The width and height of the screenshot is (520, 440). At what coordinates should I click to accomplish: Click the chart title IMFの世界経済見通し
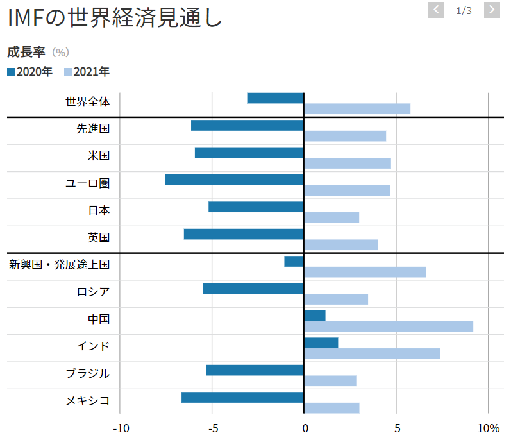coord(115,18)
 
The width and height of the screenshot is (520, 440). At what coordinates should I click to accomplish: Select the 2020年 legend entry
coord(30,72)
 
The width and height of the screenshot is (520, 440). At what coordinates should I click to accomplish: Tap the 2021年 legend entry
coord(87,72)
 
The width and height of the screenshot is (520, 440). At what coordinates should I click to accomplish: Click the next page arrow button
coord(492,10)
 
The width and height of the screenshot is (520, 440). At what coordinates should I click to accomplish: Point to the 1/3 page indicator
coord(464,10)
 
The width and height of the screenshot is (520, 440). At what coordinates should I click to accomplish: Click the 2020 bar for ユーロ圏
coord(234,180)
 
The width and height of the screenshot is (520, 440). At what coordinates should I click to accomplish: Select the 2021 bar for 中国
coord(389,326)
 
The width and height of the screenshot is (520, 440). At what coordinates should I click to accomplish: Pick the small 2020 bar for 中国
coord(315,316)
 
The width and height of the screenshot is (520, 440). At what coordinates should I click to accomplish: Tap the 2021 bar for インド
coord(372,353)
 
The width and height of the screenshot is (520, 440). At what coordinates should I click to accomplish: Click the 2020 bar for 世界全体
coord(276,98)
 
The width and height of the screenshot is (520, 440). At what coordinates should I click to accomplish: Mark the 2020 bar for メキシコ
coord(242,398)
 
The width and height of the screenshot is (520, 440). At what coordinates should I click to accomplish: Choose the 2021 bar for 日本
coord(331,217)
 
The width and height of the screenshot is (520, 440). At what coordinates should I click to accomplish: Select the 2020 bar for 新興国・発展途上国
coord(294,261)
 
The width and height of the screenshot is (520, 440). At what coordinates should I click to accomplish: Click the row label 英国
coord(99,237)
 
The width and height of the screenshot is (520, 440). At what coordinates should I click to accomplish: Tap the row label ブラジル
coord(88,373)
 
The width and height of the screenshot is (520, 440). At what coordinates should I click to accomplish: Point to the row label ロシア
coord(93,292)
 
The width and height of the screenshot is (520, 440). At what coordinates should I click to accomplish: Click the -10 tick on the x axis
coord(121,428)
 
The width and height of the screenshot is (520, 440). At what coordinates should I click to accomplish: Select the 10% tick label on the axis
coord(488,428)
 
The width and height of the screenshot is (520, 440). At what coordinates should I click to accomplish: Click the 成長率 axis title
coord(26,52)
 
